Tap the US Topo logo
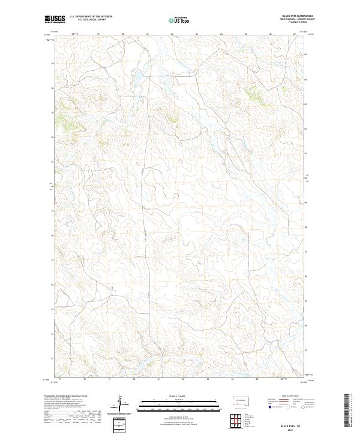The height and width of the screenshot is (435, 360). tap(179, 20)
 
